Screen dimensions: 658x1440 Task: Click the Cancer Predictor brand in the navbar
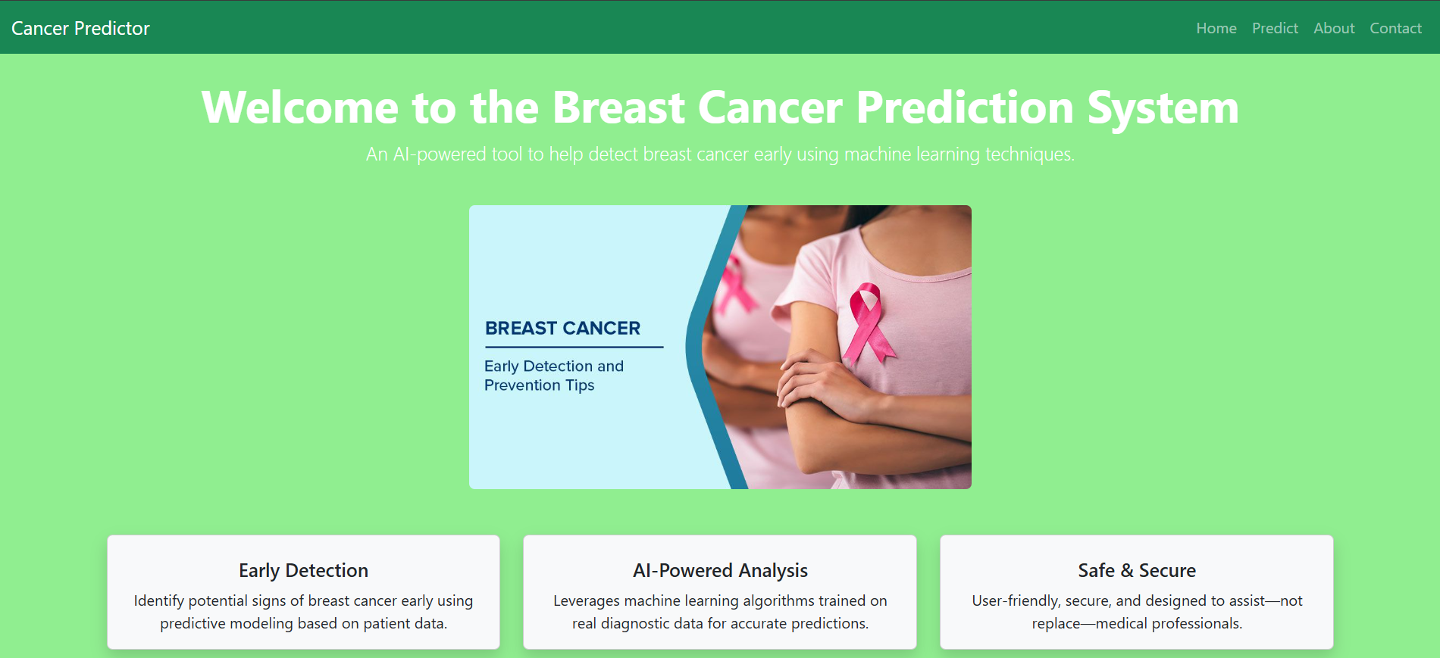(x=80, y=29)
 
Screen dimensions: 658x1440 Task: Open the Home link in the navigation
(x=1216, y=29)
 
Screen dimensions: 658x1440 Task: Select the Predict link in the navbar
(x=1274, y=29)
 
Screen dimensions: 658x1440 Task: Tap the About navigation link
(x=1333, y=29)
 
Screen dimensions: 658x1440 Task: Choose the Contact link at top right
(x=1395, y=29)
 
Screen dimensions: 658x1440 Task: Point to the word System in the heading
(x=1163, y=108)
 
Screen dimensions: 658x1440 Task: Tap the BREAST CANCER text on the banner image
(x=562, y=328)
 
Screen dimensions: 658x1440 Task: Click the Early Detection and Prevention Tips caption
(x=553, y=376)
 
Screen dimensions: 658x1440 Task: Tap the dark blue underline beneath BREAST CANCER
(x=574, y=348)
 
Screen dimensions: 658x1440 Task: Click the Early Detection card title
(x=303, y=570)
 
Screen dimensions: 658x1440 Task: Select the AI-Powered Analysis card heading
(x=720, y=570)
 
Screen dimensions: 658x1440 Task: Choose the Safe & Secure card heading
(x=1136, y=570)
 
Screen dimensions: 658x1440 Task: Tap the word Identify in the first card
(x=158, y=601)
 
